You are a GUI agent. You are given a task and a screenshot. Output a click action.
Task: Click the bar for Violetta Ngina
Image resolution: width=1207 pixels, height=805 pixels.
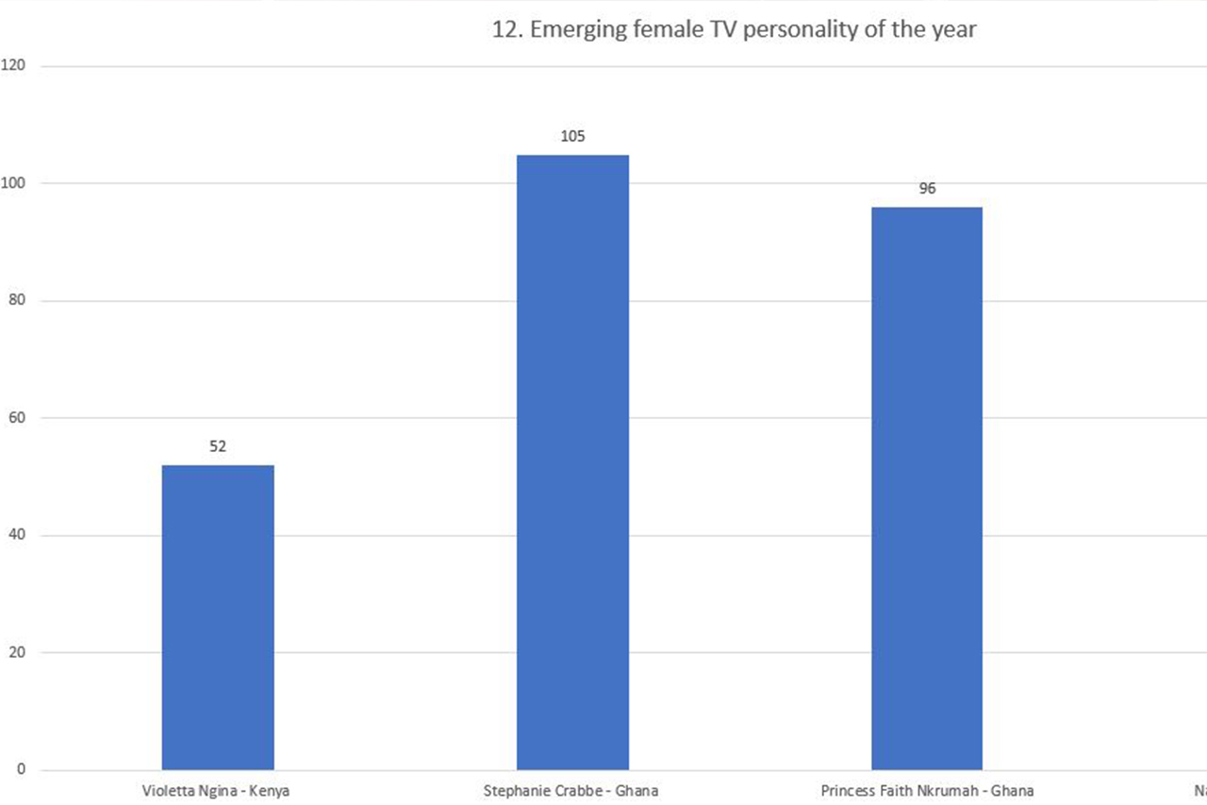218,617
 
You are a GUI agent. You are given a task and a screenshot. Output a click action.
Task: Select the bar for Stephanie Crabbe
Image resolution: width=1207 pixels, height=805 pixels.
572,462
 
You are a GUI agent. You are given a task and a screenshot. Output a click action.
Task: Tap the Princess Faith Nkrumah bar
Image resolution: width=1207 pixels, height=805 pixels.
927,488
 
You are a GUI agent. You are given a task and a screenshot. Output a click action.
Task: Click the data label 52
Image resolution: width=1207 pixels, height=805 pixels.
218,447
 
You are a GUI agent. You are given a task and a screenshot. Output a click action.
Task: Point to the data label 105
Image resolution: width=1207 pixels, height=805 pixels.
572,136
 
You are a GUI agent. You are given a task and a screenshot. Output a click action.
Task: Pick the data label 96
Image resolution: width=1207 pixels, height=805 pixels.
927,189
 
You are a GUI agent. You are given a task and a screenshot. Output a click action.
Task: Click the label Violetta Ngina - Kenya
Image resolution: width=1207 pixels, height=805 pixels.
215,791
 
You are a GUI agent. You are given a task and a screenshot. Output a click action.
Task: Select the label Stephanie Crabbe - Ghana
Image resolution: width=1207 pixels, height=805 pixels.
570,791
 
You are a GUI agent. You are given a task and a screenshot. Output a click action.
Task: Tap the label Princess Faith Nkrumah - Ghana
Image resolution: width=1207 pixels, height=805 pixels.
927,791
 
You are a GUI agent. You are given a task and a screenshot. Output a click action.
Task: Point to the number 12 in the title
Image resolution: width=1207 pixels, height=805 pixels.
504,29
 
